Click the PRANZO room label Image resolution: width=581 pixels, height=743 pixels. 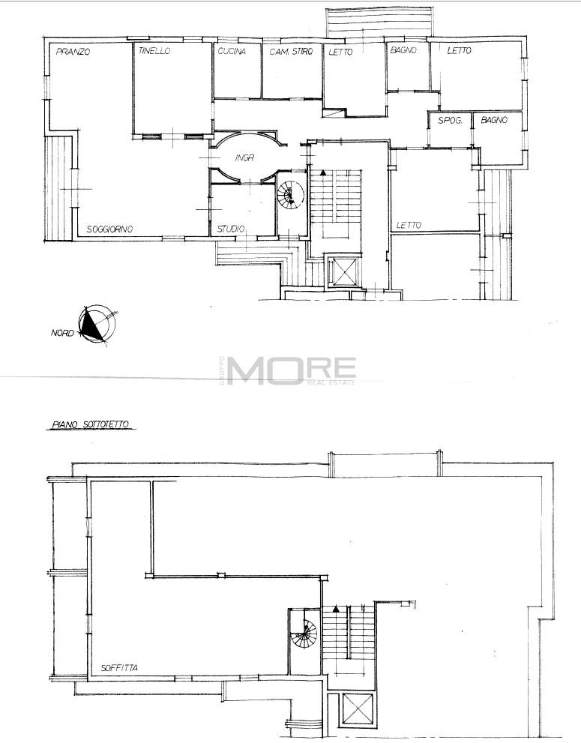73,52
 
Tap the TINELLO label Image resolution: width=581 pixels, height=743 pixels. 154,51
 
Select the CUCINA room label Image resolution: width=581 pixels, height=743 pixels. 232,51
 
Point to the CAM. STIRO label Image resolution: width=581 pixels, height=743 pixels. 291,52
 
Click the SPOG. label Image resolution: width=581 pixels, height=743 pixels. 449,121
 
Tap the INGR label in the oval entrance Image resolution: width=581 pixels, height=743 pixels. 244,157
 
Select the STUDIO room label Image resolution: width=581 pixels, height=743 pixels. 231,229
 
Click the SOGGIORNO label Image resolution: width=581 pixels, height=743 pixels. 109,229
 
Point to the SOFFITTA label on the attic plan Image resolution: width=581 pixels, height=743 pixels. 119,668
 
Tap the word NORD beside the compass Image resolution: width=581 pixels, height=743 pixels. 62,333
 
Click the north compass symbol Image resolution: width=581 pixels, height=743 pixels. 97,324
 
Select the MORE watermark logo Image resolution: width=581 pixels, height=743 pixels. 291,370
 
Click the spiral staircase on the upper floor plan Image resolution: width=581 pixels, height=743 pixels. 289,195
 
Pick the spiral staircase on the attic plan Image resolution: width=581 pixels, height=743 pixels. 304,634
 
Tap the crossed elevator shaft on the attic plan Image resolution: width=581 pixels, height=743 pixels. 358,709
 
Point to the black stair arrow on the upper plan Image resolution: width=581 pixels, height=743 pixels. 322,173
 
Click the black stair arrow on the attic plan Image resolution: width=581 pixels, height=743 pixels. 336,609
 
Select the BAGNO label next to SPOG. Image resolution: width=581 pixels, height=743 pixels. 494,121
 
